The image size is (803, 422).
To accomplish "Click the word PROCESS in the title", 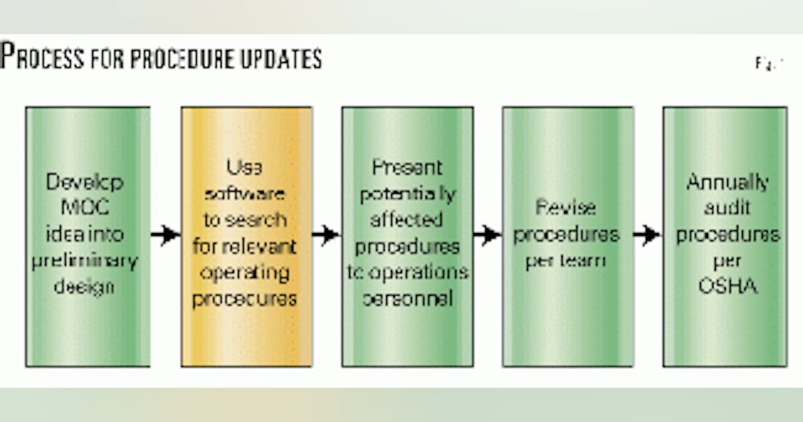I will pyautogui.click(x=43, y=57).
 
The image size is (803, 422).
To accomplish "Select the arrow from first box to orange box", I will pyautogui.click(x=165, y=234).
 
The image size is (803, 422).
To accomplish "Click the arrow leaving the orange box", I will pyautogui.click(x=326, y=234).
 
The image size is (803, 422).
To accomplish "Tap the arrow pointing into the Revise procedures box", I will pyautogui.click(x=487, y=234).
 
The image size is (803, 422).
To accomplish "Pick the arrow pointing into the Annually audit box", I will pyautogui.click(x=647, y=234).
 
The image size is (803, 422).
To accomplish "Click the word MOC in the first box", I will pyautogui.click(x=85, y=208).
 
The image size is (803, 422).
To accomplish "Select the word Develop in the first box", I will pyautogui.click(x=85, y=183).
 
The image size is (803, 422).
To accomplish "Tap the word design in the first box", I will pyautogui.click(x=85, y=287).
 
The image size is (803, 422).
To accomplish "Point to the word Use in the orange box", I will pyautogui.click(x=245, y=167).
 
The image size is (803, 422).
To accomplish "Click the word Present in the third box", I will pyautogui.click(x=407, y=167).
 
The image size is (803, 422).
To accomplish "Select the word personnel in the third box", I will pyautogui.click(x=407, y=298).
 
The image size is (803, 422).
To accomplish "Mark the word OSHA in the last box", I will pyautogui.click(x=728, y=287).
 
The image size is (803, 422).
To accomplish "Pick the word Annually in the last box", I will pyautogui.click(x=728, y=183).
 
